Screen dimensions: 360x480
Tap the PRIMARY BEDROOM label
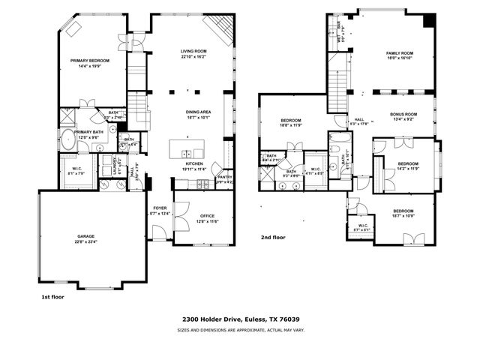pyautogui.click(x=90, y=60)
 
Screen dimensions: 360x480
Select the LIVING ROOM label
pyautogui.click(x=193, y=50)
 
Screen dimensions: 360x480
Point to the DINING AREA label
pyautogui.click(x=199, y=111)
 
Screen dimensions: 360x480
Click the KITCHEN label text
pyautogui.click(x=194, y=163)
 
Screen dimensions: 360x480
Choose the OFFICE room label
pyautogui.click(x=207, y=215)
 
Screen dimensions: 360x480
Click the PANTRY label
pyautogui.click(x=225, y=177)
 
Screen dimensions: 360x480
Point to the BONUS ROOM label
pyautogui.click(x=403, y=114)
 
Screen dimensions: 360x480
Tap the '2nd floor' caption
pyautogui.click(x=273, y=237)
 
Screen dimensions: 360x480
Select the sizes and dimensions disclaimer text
pyautogui.click(x=239, y=329)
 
